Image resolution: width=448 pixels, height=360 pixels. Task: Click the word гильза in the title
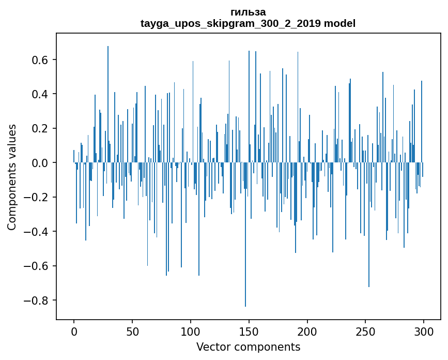point(248,12)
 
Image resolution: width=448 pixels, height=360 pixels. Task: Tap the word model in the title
point(339,23)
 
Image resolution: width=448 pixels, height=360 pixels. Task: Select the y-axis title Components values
point(12,177)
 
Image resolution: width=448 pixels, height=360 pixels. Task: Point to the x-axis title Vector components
point(248,347)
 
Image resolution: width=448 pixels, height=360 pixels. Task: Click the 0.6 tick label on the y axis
point(39,60)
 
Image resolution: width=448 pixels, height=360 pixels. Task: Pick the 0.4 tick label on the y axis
point(39,94)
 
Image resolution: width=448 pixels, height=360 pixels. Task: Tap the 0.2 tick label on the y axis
point(39,128)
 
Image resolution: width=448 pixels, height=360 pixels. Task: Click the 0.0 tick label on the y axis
point(39,163)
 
